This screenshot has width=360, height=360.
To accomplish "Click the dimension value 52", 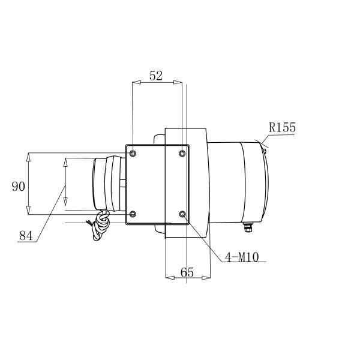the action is pyautogui.click(x=156, y=76).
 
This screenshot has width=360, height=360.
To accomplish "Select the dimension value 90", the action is pyautogui.click(x=19, y=186).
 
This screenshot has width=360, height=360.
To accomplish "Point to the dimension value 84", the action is pyautogui.click(x=26, y=235).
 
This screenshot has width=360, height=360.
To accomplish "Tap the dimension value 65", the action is pyautogui.click(x=187, y=272).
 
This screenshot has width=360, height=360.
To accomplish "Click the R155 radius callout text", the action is pyautogui.click(x=282, y=127).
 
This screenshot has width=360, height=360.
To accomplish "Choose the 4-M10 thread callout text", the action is pyautogui.click(x=242, y=257).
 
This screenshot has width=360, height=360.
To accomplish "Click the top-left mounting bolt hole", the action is pyautogui.click(x=133, y=153).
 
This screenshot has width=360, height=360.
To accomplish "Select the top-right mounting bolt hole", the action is pyautogui.click(x=182, y=153).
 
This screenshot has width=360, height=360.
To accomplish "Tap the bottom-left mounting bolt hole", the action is pyautogui.click(x=133, y=214).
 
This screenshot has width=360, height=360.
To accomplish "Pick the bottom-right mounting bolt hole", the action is pyautogui.click(x=182, y=214).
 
